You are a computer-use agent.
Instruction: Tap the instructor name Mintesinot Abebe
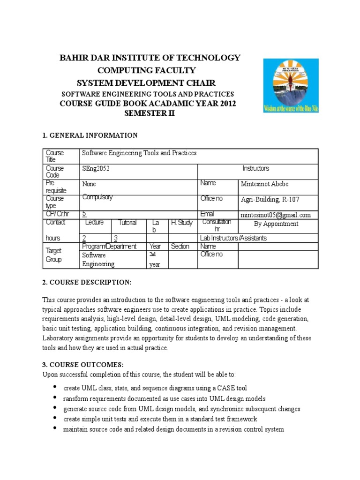coord(269,184)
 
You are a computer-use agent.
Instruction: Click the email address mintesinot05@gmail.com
coord(275,215)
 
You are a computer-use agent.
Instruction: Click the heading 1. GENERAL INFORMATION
coord(90,135)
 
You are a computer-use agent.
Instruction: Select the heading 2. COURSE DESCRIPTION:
coord(87,282)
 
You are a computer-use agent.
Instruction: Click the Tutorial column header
coord(127,223)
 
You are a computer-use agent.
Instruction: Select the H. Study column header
coord(181,223)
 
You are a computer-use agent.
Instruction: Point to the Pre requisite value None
coord(89,184)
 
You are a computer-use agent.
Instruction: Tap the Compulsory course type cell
coord(97,197)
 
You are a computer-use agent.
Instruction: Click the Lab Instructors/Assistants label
coord(233,238)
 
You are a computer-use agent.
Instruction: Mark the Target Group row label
coord(53,255)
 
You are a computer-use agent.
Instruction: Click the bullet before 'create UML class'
coord(55,387)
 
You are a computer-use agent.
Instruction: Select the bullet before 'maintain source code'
coord(55,428)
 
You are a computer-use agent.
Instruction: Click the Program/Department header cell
coord(109,246)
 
